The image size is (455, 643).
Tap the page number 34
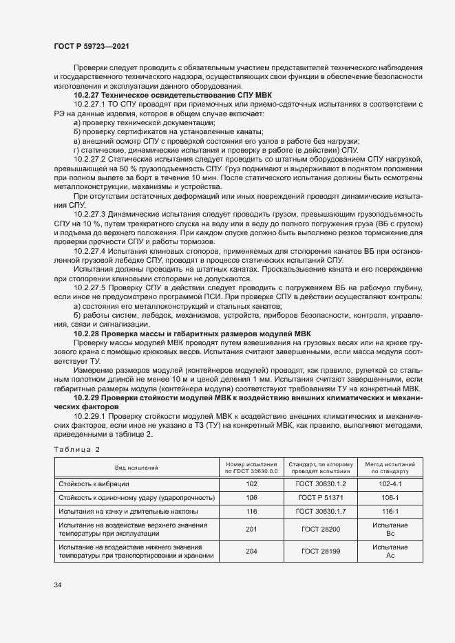(x=58, y=585)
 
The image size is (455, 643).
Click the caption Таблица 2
(x=76, y=449)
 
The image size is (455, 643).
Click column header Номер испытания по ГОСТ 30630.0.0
(x=251, y=468)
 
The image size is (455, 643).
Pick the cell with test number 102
(x=251, y=484)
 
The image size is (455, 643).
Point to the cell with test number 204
(x=251, y=552)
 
